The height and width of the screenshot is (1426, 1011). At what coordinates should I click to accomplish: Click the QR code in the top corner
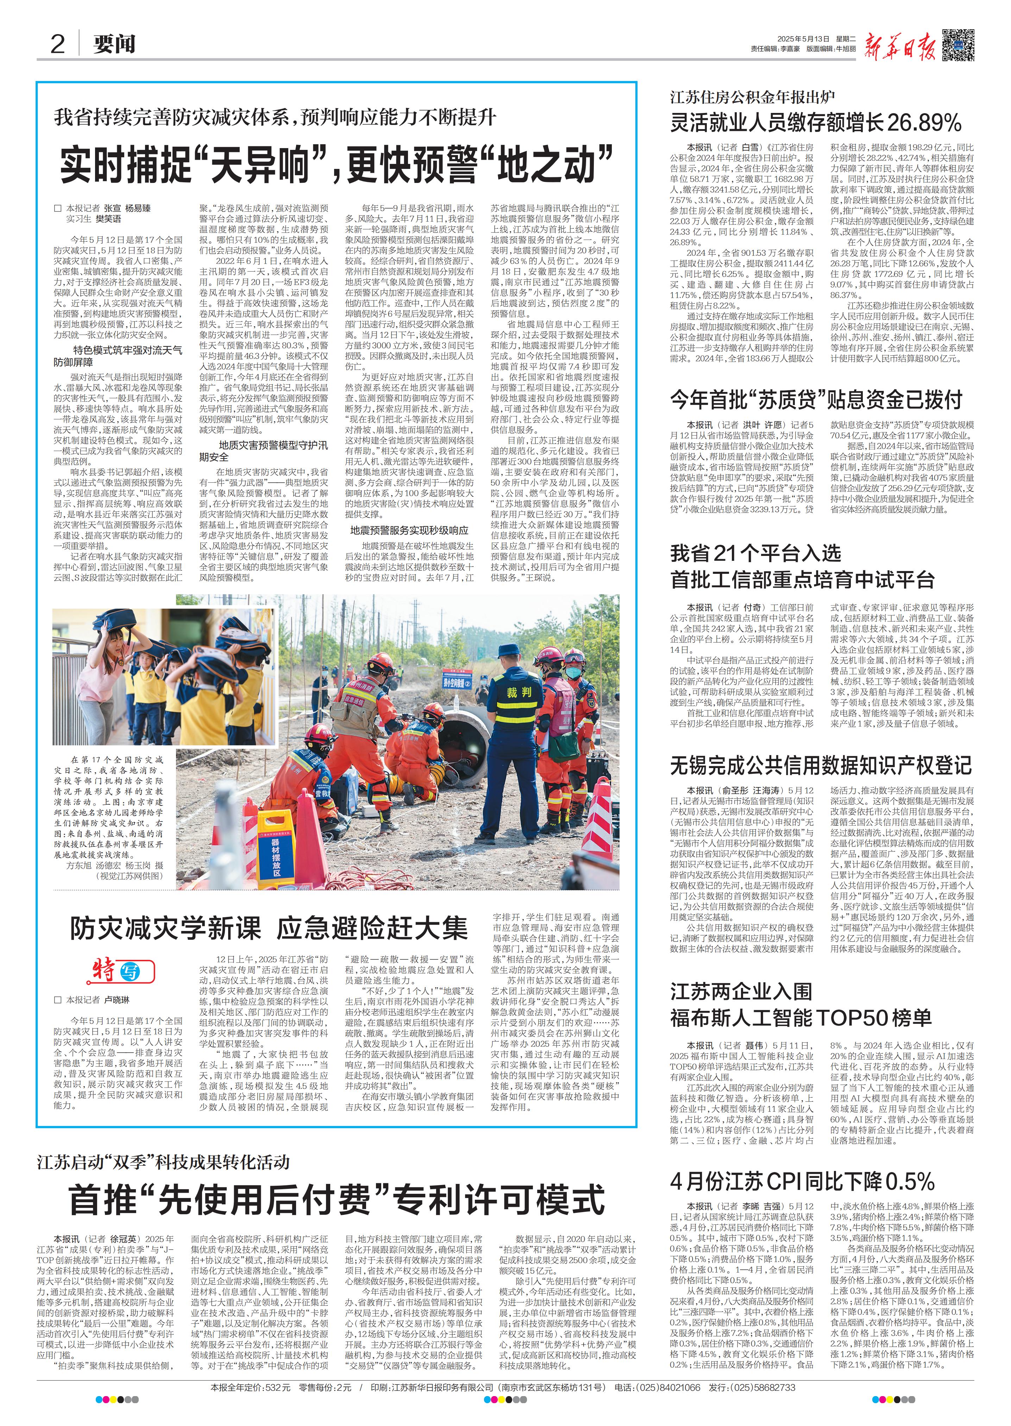957,45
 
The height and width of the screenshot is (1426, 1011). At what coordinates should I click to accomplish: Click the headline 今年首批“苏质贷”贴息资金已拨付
816,399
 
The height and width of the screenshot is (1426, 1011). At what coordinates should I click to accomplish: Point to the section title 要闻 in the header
114,45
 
